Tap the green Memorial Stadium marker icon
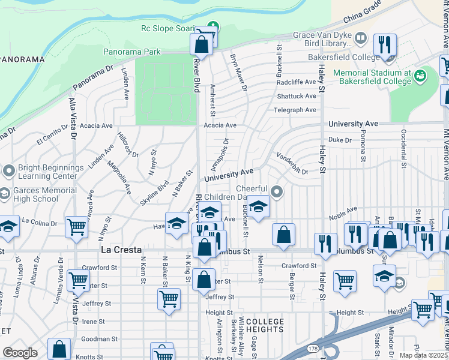(420, 76)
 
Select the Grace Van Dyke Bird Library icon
(361, 39)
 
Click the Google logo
(20, 352)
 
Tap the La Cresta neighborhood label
(121, 249)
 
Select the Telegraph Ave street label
(296, 110)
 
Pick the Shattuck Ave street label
(296, 96)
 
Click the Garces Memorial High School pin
(8, 194)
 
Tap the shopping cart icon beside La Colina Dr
(77, 227)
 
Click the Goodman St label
(96, 339)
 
